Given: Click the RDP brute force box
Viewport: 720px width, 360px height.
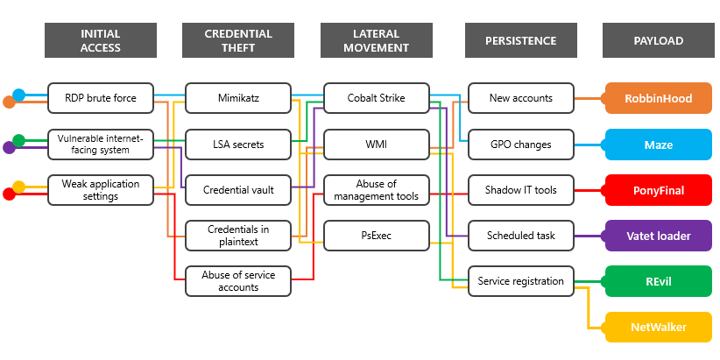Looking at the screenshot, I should [101, 98].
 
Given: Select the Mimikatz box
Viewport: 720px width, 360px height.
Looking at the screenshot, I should [238, 98].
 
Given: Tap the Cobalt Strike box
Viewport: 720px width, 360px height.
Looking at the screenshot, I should [377, 98].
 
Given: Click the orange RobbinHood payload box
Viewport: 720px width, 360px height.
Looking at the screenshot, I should [659, 99].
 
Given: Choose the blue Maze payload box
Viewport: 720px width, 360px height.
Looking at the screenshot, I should [659, 145].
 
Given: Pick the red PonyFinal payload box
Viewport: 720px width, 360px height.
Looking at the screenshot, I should [659, 190].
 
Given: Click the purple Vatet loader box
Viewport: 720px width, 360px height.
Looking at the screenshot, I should [659, 236].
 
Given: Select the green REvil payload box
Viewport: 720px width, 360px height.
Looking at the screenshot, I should [659, 281].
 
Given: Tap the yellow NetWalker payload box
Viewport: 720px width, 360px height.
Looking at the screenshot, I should [659, 328].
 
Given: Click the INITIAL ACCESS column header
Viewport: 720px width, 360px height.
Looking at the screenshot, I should [101, 40].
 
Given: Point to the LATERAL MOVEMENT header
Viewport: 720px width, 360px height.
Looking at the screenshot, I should [377, 40].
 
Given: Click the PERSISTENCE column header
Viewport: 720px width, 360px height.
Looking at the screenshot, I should [521, 40].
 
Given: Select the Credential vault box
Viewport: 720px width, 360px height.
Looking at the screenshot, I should [238, 189].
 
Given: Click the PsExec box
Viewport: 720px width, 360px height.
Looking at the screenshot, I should [377, 235].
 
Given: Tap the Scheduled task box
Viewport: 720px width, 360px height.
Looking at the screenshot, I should [521, 235].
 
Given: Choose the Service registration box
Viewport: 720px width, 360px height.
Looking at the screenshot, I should [521, 281].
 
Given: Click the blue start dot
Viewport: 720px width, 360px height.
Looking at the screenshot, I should [19, 95].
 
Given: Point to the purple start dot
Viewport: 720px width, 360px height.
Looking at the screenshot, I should [9, 148].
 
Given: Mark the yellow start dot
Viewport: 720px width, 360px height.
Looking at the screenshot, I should [19, 187].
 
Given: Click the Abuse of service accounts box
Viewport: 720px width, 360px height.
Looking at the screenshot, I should [238, 281].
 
